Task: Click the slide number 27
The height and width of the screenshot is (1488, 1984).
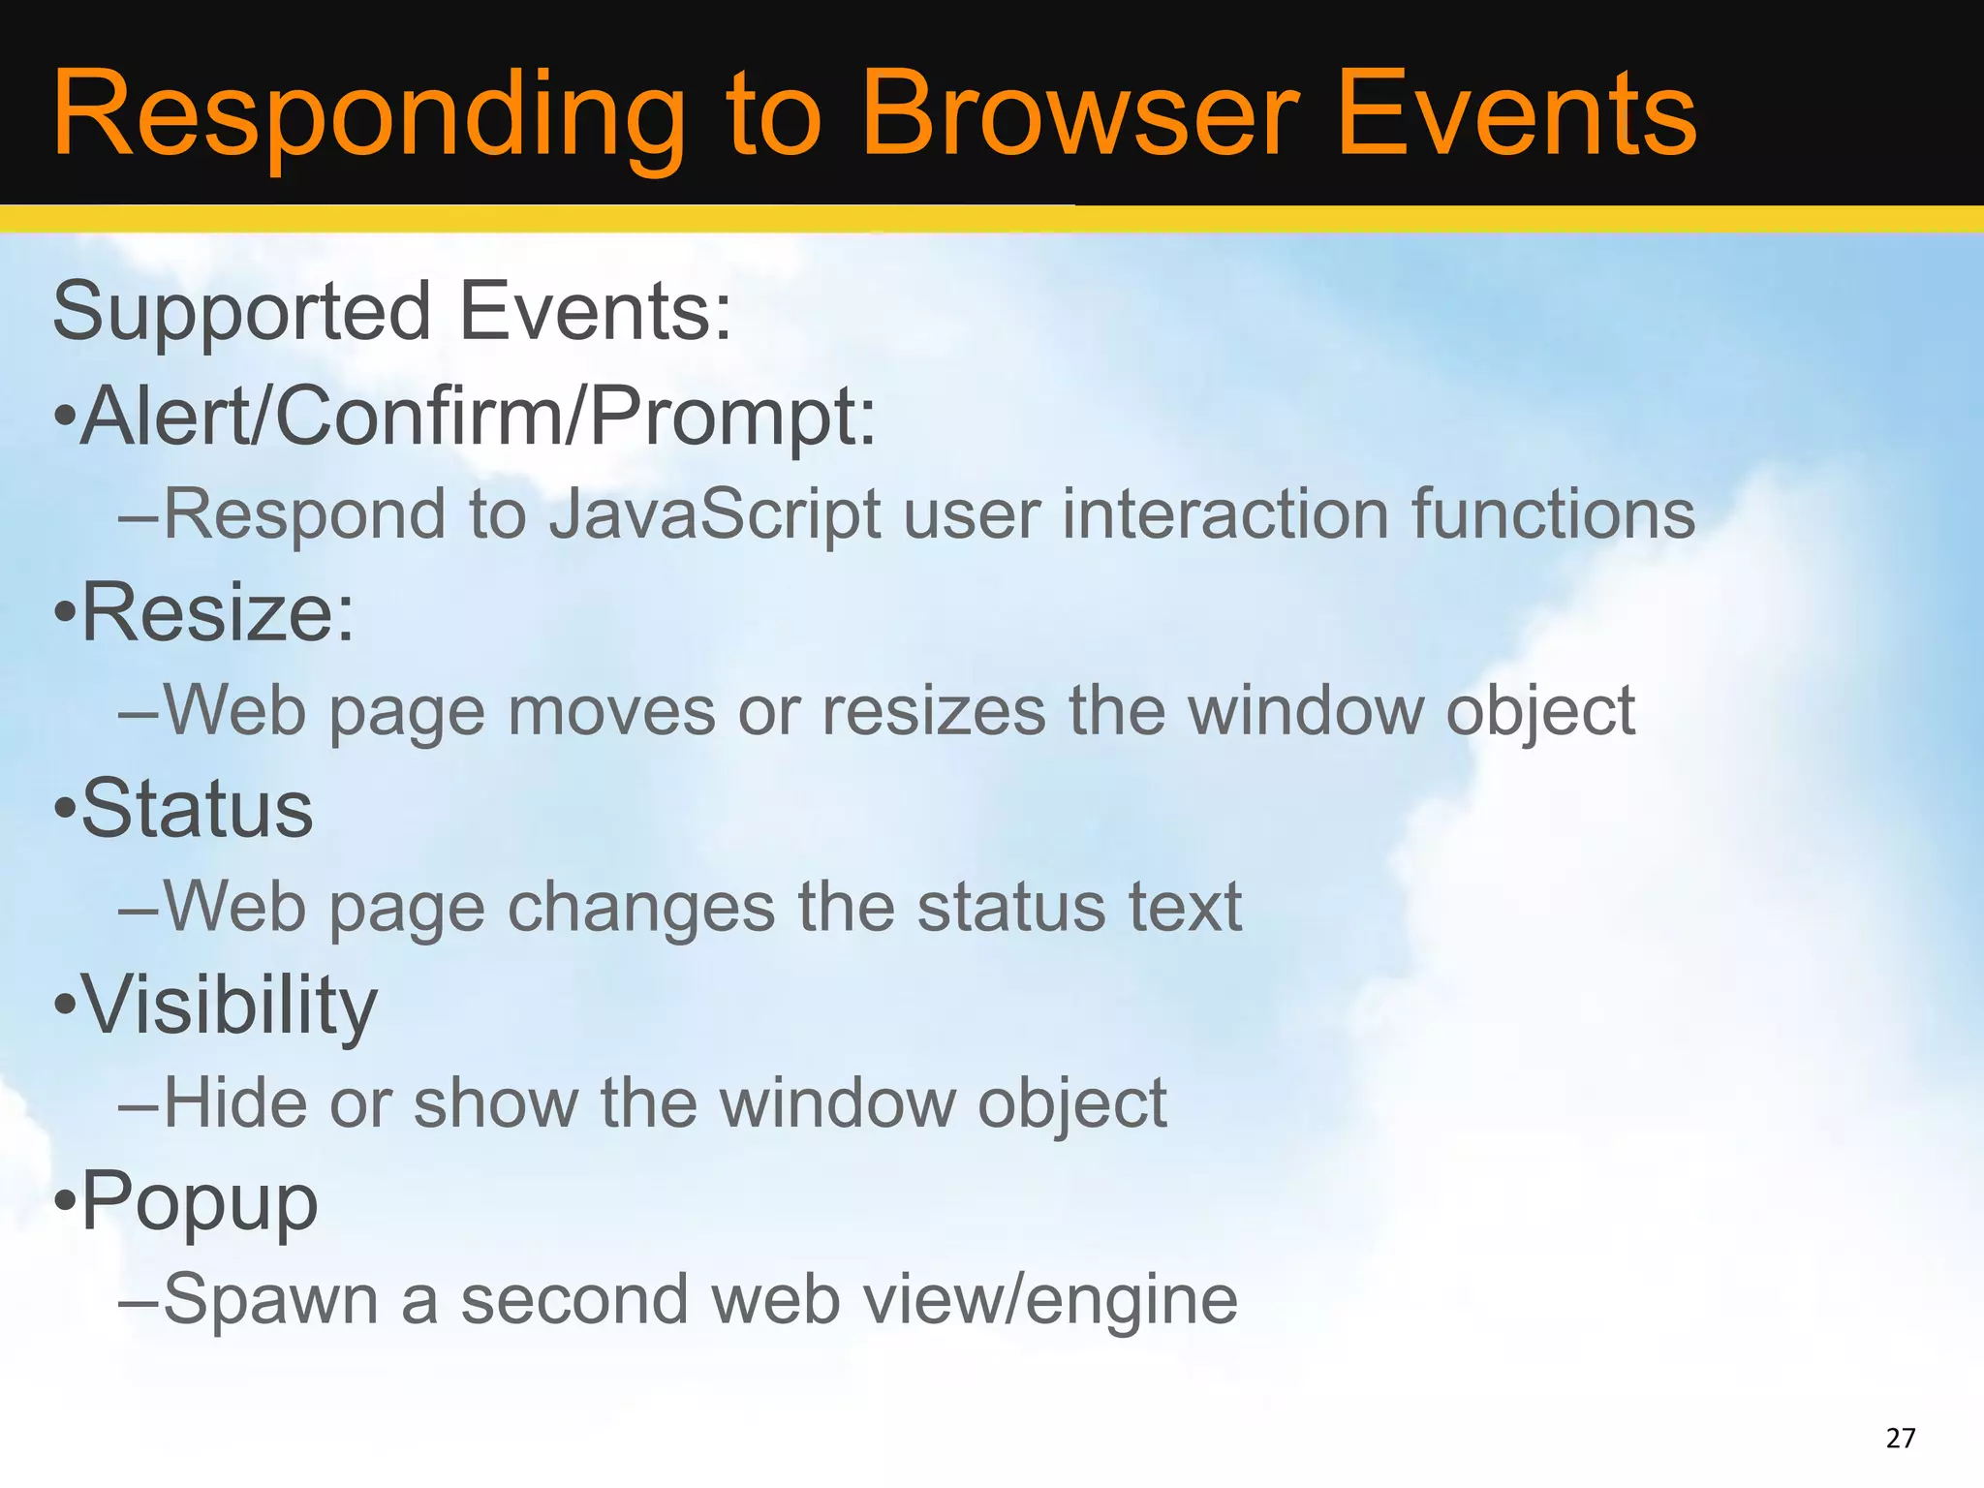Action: pyautogui.click(x=1901, y=1438)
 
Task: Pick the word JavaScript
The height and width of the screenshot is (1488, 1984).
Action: pyautogui.click(x=715, y=515)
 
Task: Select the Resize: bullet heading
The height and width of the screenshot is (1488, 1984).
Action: pyautogui.click(x=218, y=613)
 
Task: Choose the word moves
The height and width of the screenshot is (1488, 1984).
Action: pyautogui.click(x=610, y=712)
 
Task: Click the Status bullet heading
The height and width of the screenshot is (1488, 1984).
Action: pyautogui.click(x=197, y=810)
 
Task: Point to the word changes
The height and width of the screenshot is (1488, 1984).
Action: pyautogui.click(x=640, y=909)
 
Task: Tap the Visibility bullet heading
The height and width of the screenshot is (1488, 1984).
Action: pyautogui.click(x=229, y=1006)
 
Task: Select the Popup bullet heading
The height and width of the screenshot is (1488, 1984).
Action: pyautogui.click(x=199, y=1202)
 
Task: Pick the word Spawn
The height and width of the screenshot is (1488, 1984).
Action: pyautogui.click(x=270, y=1301)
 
